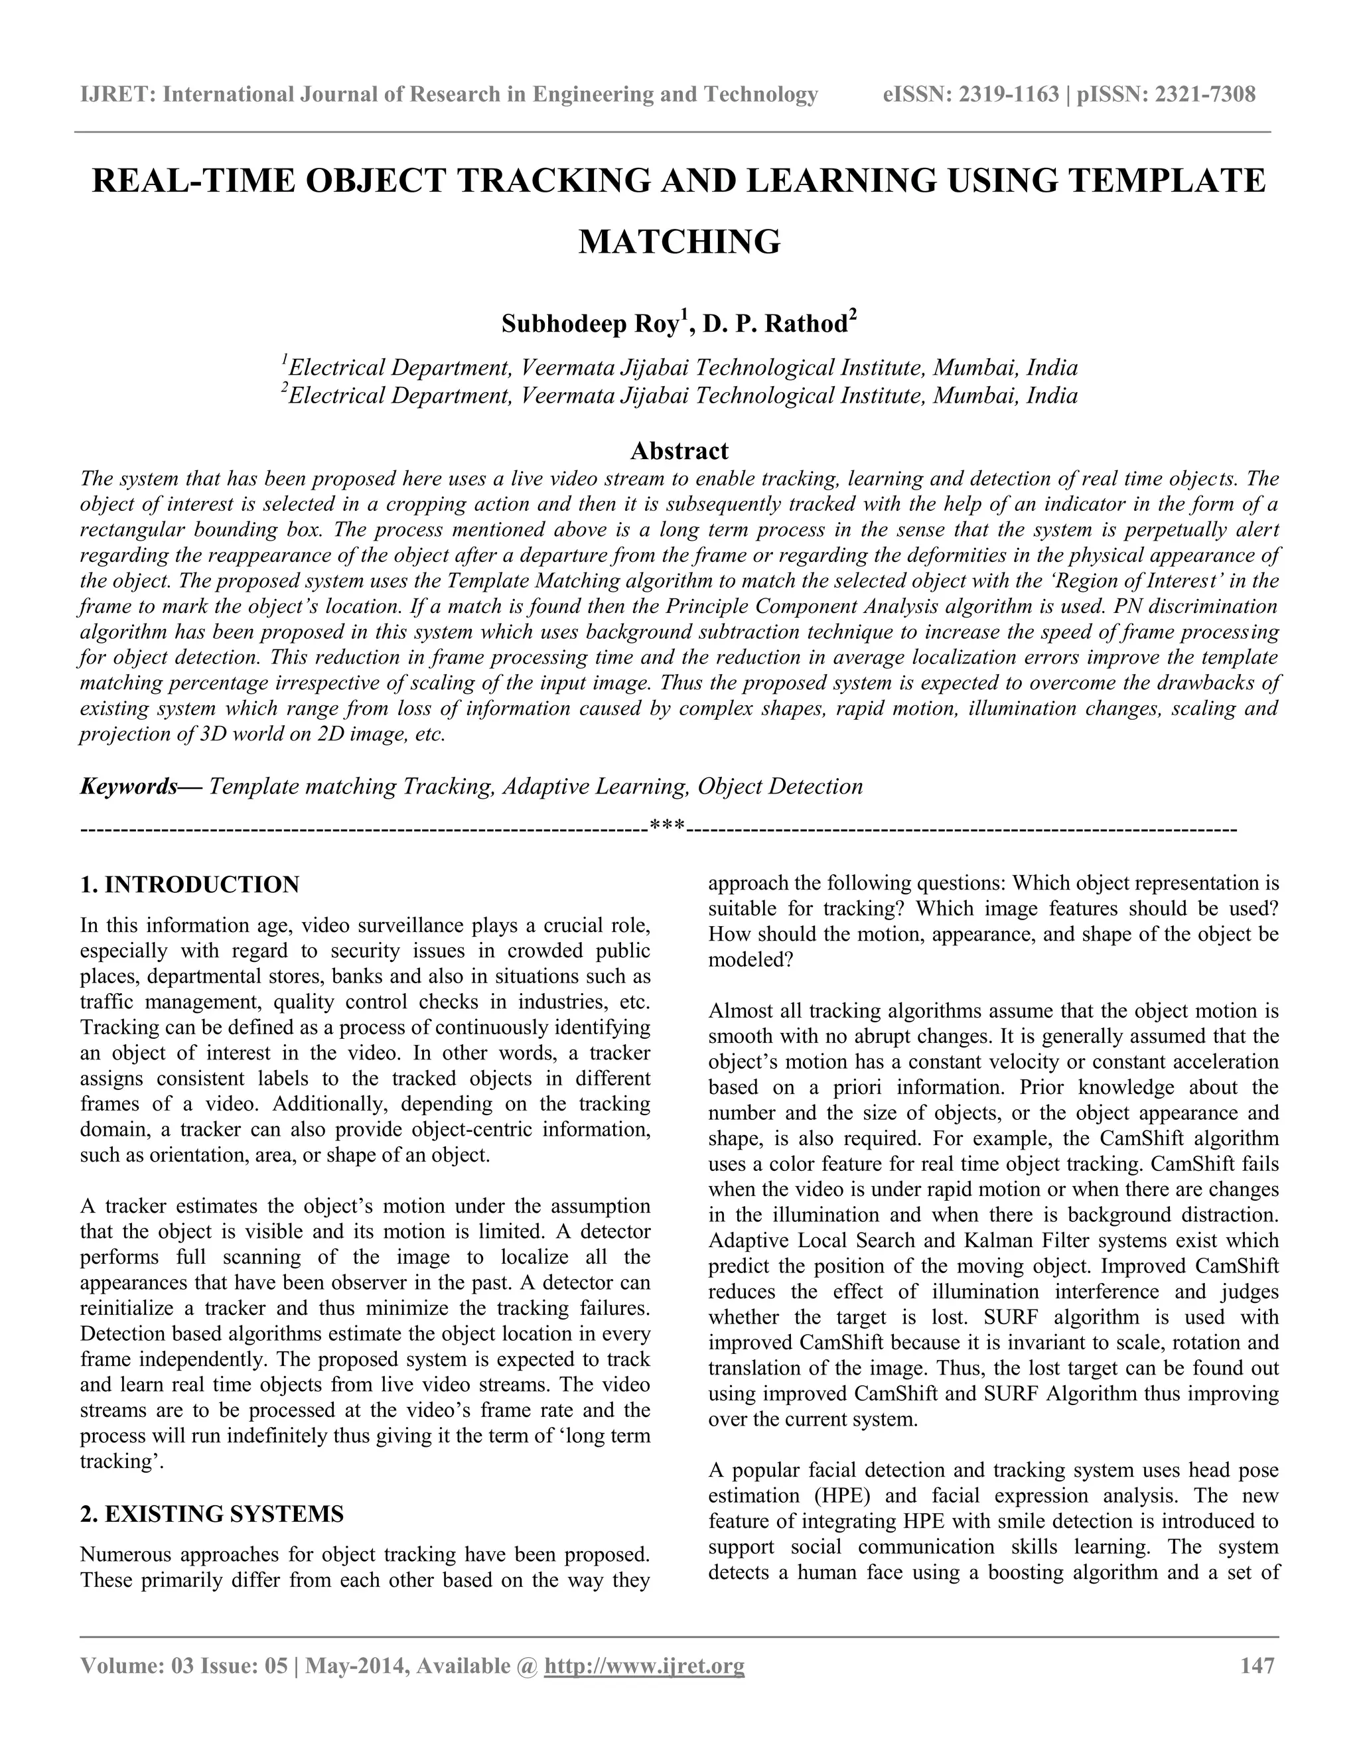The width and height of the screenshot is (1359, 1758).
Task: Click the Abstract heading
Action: click(679, 450)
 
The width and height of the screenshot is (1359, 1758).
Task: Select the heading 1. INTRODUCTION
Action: click(190, 884)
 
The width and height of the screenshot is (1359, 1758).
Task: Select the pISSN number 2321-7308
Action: click(1204, 95)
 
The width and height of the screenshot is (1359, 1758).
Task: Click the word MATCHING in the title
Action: click(679, 241)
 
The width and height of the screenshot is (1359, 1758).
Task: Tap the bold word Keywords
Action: click(129, 786)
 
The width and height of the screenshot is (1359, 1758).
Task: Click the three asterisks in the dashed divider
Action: click(667, 825)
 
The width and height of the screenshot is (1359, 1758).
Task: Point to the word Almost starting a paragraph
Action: click(739, 1011)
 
